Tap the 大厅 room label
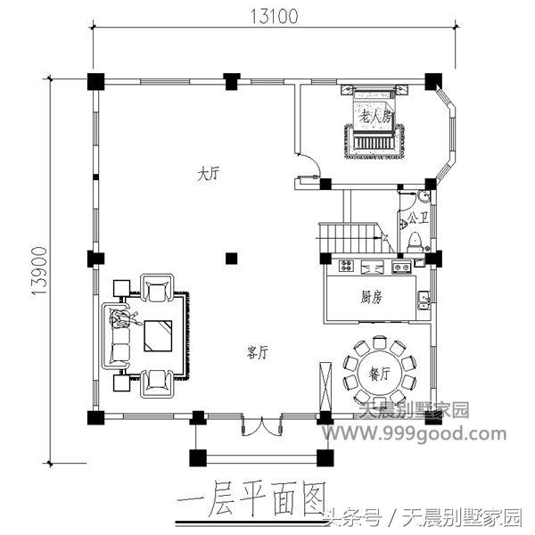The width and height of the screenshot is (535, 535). click(209, 176)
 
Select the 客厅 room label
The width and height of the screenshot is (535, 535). click(258, 352)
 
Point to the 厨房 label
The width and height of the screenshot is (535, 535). click(372, 296)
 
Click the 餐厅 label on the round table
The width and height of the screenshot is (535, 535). click(380, 374)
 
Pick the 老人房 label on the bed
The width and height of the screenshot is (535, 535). click(374, 117)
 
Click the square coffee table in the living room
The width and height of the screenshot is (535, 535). click(160, 335)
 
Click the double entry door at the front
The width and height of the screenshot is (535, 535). click(256, 426)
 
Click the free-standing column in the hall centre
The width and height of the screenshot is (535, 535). click(231, 259)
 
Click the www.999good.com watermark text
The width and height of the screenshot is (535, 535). click(414, 434)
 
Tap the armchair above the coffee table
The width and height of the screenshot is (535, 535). click(159, 291)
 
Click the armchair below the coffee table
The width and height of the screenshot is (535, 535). click(159, 381)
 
